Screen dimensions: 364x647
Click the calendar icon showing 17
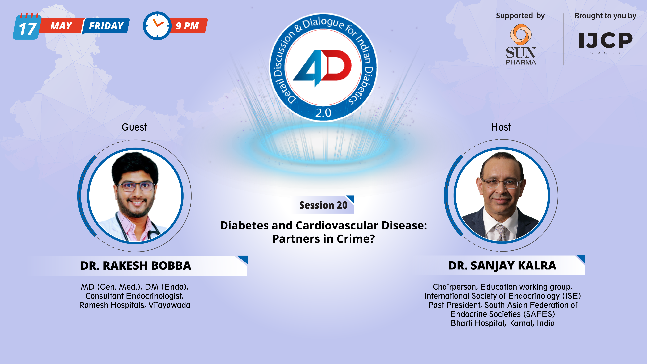tap(27, 27)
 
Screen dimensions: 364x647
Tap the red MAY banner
tap(61, 26)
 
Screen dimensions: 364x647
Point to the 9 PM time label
tap(187, 26)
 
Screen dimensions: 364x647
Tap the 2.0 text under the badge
tap(323, 113)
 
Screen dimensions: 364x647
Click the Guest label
tap(134, 127)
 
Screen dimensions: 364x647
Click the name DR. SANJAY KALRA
tap(502, 265)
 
